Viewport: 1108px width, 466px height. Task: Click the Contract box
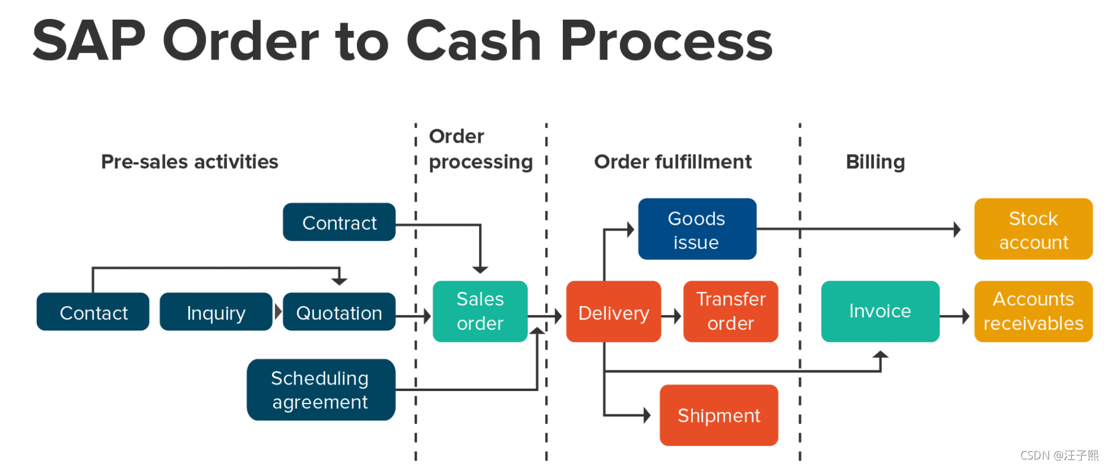(x=339, y=222)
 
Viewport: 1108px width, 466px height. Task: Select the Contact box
(x=93, y=312)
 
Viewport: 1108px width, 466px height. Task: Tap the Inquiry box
(x=216, y=312)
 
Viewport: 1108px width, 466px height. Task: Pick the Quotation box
(x=338, y=312)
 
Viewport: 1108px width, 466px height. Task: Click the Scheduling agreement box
(x=321, y=390)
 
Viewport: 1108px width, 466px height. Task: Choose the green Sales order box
(x=480, y=311)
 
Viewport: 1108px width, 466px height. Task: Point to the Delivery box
(x=613, y=312)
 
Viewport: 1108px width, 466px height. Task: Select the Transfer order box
(x=730, y=311)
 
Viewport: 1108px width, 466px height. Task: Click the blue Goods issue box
(x=697, y=229)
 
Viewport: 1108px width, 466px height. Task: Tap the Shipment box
(x=718, y=415)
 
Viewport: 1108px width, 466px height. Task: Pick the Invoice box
(x=880, y=311)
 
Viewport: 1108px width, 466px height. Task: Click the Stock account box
(x=1033, y=229)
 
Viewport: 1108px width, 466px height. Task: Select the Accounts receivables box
(x=1033, y=311)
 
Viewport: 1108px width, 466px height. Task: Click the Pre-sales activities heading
(x=189, y=162)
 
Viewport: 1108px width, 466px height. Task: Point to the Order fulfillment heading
(x=673, y=162)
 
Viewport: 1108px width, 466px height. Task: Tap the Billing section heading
(x=875, y=162)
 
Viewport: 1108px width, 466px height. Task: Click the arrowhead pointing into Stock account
(x=957, y=229)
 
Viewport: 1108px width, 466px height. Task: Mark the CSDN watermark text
(x=1059, y=455)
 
